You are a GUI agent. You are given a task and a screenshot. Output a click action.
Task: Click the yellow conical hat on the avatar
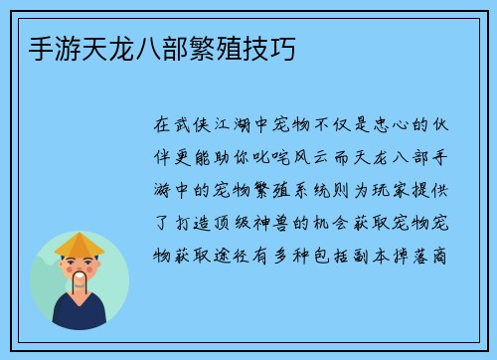[80, 244]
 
